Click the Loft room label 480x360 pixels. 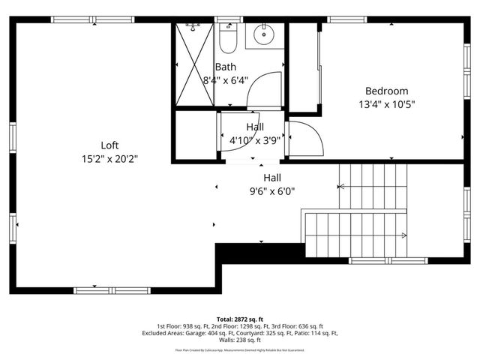pos(110,145)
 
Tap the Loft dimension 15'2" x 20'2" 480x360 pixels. pos(110,158)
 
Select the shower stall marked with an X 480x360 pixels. pos(195,64)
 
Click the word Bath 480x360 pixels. pos(226,67)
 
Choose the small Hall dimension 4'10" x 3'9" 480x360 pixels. pos(255,139)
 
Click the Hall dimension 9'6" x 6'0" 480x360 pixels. pos(272,190)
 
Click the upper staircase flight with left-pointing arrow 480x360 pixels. pos(373,187)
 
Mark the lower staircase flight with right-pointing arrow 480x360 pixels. pos(356,235)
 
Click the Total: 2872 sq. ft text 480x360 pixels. pos(240,319)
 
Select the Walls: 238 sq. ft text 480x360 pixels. pos(240,340)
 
